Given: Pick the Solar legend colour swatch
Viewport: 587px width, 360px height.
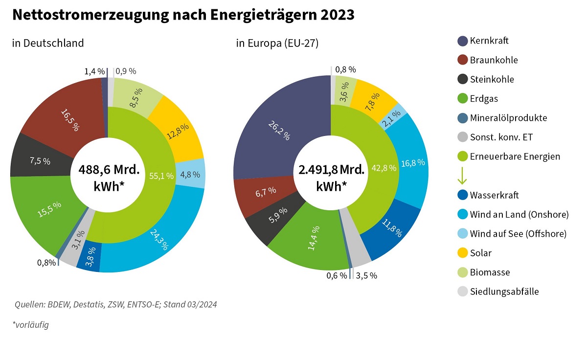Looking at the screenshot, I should [462, 253].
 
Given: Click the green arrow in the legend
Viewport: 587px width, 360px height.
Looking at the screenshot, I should [462, 176].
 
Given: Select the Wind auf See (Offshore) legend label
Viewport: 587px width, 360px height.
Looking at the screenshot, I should [518, 234].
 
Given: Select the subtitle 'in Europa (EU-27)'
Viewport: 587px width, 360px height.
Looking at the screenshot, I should [277, 43].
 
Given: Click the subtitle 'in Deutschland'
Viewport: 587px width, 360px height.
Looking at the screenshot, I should [48, 43].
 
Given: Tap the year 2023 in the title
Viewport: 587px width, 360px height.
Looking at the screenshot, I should [338, 15].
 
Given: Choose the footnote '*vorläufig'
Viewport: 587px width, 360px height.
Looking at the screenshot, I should [30, 324].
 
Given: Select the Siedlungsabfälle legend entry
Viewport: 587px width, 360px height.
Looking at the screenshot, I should [504, 292].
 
